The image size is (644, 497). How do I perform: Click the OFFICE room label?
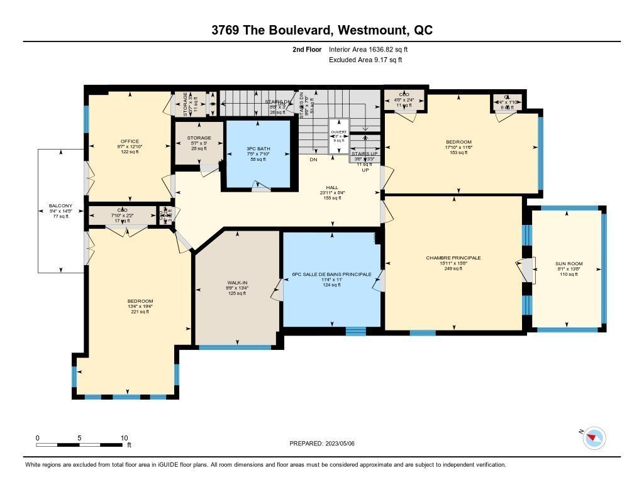tap(130, 141)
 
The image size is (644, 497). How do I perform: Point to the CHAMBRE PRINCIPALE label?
tap(453, 258)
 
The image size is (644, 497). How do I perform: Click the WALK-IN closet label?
tap(236, 283)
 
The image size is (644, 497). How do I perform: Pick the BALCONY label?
tap(60, 205)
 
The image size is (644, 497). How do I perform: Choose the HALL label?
tap(332, 187)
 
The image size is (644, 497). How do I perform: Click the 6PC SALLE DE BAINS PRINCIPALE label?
tap(332, 275)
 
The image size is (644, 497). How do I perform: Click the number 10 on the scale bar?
tap(124, 437)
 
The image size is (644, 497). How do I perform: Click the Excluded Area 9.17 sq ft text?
tap(365, 60)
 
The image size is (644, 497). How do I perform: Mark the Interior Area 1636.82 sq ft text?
tap(372, 49)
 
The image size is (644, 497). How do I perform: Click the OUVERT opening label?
tap(339, 132)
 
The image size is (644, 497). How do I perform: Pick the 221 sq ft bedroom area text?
tap(139, 312)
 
